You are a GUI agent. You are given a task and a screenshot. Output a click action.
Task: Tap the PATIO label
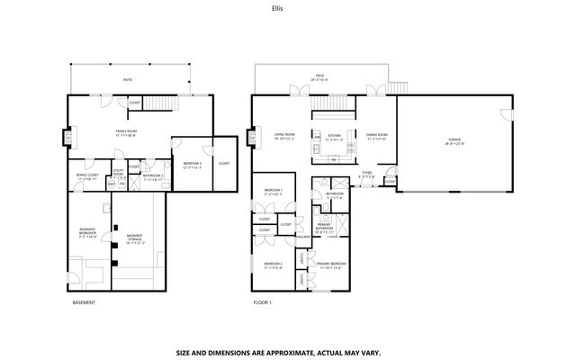point(128,80)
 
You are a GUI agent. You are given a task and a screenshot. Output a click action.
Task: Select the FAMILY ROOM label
point(125,133)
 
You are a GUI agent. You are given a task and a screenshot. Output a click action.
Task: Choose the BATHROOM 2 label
point(152,176)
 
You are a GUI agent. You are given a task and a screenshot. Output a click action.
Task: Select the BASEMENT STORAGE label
point(133,238)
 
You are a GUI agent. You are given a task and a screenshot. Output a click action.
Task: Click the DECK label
point(319,77)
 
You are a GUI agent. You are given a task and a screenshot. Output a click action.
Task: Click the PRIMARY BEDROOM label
point(331,265)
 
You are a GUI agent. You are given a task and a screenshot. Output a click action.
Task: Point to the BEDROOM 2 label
point(274,265)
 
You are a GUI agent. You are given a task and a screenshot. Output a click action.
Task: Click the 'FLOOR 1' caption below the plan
point(262,302)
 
